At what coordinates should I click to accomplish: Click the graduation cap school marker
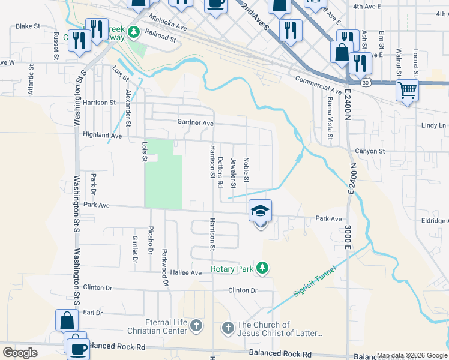click(260, 211)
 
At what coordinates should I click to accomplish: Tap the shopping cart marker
click(407, 91)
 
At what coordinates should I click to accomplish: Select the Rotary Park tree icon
click(262, 268)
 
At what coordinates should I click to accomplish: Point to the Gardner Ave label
click(196, 122)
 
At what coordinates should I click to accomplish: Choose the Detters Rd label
click(220, 171)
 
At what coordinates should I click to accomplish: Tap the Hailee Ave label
click(188, 272)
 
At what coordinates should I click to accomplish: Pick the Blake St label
click(28, 26)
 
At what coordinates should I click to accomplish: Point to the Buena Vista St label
click(330, 121)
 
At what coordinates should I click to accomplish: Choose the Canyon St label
click(370, 151)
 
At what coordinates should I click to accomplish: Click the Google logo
click(20, 353)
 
